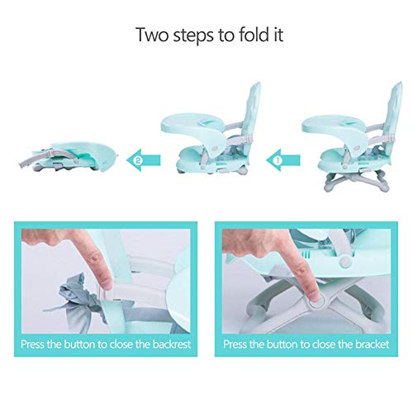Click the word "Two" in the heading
point(152,35)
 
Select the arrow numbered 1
point(283,160)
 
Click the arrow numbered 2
point(144,160)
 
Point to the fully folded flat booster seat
point(69,156)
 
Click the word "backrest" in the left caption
point(172,344)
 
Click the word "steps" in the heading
point(193,36)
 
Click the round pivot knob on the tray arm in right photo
point(344,261)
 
